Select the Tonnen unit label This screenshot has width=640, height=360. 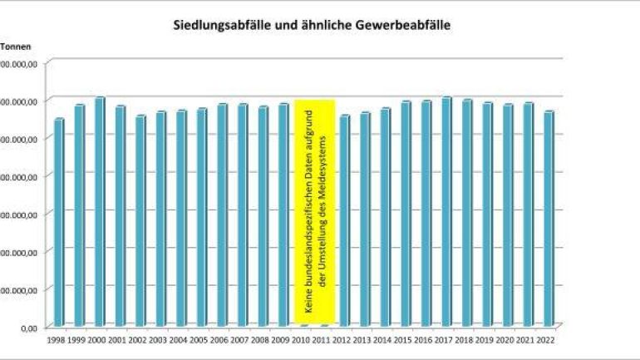15,47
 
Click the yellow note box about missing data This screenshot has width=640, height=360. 315,212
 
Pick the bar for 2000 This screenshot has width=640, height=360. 100,211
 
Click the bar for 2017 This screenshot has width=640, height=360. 447,211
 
